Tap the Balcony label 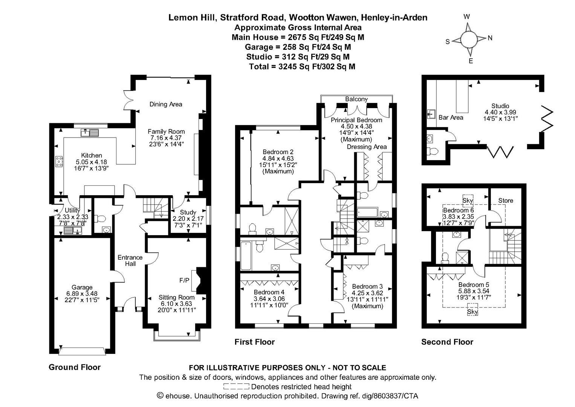tap(356, 99)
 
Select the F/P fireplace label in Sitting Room tap(184, 280)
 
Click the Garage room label tap(82, 287)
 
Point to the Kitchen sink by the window tap(89, 133)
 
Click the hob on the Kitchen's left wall tap(59, 161)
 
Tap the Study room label tap(188, 212)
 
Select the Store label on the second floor tap(505, 200)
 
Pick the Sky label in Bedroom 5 tap(472, 312)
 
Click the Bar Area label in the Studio tap(451, 118)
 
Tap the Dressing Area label tap(367, 147)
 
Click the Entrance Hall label tap(130, 260)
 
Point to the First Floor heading tap(254, 342)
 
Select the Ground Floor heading tap(75, 367)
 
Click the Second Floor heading tap(447, 342)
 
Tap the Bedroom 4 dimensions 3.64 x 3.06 tap(269, 298)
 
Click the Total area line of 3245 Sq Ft tap(302, 67)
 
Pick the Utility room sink tap(72, 231)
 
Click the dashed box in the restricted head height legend tap(236, 387)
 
